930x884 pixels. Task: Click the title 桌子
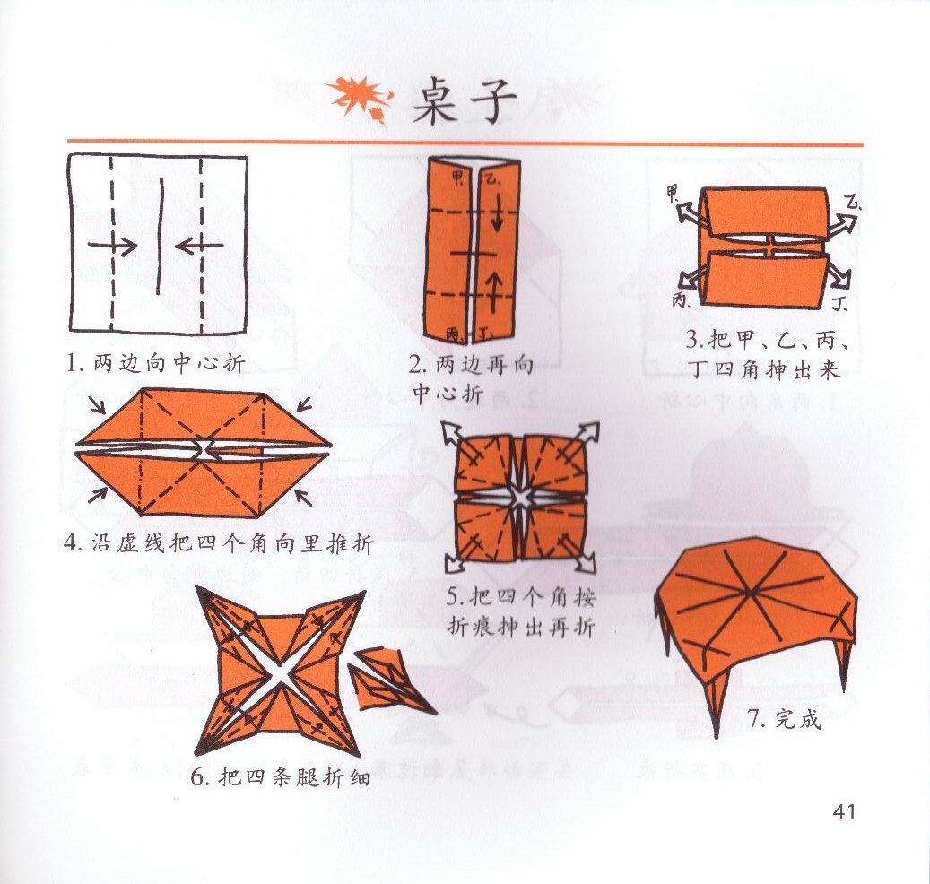pos(464,101)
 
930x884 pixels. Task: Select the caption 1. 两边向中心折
pos(156,363)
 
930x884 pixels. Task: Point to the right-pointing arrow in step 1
pos(112,245)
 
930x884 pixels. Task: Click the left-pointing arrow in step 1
pos(199,244)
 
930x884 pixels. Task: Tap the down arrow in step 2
pos(497,214)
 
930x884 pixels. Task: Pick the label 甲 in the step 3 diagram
pos(673,193)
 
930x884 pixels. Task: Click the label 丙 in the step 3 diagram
pos(680,300)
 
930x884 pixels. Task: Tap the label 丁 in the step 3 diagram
pos(839,305)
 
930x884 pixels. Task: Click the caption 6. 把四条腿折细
pos(281,776)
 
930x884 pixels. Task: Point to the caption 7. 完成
pos(784,719)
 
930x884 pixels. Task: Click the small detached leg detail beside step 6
pos(388,681)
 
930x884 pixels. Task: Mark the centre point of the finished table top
pos(751,592)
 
